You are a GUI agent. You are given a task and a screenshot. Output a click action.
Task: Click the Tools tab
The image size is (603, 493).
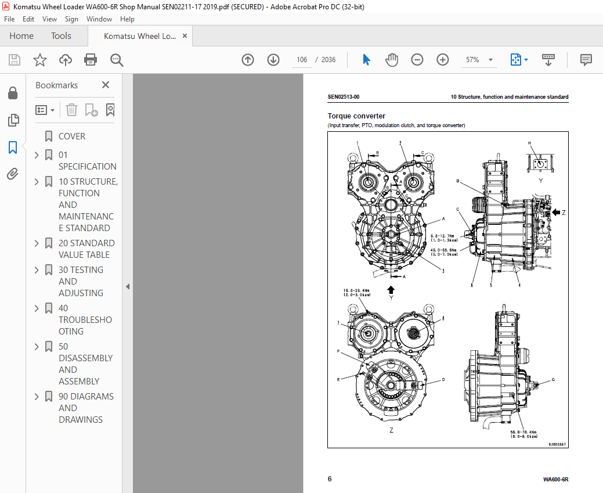[61, 36]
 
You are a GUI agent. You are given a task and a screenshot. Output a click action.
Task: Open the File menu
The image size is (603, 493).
[10, 19]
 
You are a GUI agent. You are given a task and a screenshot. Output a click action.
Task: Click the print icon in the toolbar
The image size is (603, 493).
[91, 60]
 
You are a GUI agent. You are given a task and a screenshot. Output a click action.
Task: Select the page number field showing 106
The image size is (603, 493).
[302, 60]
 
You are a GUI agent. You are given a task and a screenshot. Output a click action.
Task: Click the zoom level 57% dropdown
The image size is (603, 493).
[479, 60]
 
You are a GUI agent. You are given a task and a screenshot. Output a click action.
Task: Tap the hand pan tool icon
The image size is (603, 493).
[392, 60]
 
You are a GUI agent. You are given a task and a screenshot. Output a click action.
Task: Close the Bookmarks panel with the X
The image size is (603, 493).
[106, 85]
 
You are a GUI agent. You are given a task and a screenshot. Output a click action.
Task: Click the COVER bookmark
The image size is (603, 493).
[72, 136]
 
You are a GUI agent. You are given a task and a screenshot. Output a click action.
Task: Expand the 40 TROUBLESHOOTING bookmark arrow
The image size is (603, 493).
[37, 308]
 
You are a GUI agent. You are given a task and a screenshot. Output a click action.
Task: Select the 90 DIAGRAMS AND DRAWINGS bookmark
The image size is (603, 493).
[85, 408]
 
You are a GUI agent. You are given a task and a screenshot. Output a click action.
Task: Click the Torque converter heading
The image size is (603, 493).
[356, 116]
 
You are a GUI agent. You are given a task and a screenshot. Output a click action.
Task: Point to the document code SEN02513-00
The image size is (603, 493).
[343, 98]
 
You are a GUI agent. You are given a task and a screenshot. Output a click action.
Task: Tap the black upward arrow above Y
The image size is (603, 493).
[391, 289]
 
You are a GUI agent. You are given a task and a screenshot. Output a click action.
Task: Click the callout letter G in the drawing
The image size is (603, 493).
[553, 380]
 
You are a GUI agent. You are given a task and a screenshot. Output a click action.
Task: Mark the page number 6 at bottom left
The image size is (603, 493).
[330, 479]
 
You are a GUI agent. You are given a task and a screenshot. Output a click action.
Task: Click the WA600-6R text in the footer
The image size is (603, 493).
[555, 480]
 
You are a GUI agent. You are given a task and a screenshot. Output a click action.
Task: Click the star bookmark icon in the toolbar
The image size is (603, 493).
[39, 60]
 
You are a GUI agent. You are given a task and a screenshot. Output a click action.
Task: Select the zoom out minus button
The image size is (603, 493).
[417, 60]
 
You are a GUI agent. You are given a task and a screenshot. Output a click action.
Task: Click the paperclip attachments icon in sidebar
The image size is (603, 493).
[13, 174]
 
